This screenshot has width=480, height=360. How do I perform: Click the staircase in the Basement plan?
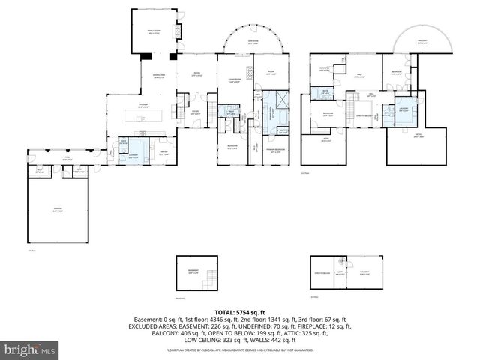211,276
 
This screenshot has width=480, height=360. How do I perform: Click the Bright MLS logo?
30,349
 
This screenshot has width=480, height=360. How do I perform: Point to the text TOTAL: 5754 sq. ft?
239,312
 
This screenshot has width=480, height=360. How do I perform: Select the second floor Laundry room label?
403,109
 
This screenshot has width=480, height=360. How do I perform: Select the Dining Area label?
158,74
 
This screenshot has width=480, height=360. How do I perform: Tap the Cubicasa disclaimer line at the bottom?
239,350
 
